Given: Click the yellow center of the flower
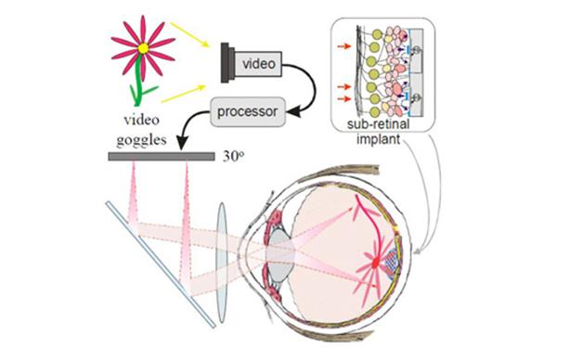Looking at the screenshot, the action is coord(143,48).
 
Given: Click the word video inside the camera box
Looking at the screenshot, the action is coord(259,64).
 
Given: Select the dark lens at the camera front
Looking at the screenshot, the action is coord(225,62).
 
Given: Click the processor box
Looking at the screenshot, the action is coord(248,111).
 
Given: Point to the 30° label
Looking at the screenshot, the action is coord(233,157).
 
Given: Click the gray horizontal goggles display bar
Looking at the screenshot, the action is coord(162,157).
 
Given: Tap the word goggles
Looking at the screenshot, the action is coord(141,140).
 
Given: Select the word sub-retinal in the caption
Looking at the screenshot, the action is coord(378,124).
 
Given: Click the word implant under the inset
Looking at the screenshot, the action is coord(378,139).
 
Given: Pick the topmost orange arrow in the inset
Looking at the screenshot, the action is coord(344,46).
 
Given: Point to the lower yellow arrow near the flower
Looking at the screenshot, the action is coord(184,94).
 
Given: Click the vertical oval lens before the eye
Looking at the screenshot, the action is coord(222,263).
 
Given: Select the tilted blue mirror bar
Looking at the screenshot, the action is coord(161,265).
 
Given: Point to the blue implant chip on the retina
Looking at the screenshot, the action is coord(392,262).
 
